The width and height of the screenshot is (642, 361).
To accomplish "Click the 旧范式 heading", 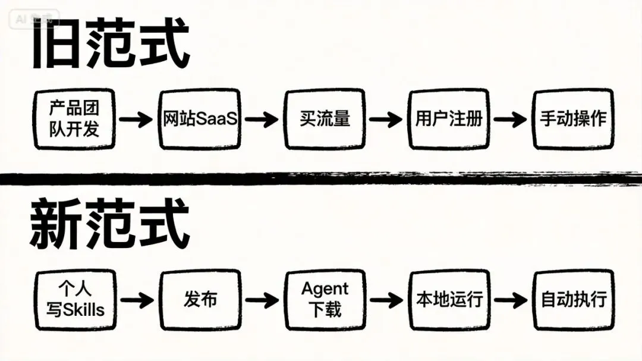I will pos(111,46).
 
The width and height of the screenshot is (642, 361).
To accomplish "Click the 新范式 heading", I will pos(111,225).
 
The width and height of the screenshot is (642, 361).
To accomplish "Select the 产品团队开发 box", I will pos(74,119).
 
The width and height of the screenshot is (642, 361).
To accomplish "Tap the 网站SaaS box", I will pos(200,119).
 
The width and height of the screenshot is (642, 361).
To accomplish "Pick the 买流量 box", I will pos(325,119).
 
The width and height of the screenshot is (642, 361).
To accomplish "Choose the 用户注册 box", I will pos(449,119).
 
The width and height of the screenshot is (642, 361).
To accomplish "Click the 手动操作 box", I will pos(573,119).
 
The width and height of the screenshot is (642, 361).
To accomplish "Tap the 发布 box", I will pos(200,300).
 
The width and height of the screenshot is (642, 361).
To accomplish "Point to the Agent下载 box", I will pos(325,300).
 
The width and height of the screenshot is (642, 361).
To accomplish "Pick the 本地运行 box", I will pos(449,300).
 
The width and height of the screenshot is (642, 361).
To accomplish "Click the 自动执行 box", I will pos(573,300).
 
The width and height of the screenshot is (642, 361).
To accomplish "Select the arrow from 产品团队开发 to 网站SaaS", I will pos(136,120).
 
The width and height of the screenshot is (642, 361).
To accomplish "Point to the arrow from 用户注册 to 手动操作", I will pos(510,120).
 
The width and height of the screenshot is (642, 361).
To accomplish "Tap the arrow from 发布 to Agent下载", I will pos(262,299).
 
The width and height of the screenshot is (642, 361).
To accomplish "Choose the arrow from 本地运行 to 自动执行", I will pos(510,299).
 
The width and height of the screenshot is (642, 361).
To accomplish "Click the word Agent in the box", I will pos(325,290).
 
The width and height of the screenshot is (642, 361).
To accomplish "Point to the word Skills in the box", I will pos(83,309).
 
